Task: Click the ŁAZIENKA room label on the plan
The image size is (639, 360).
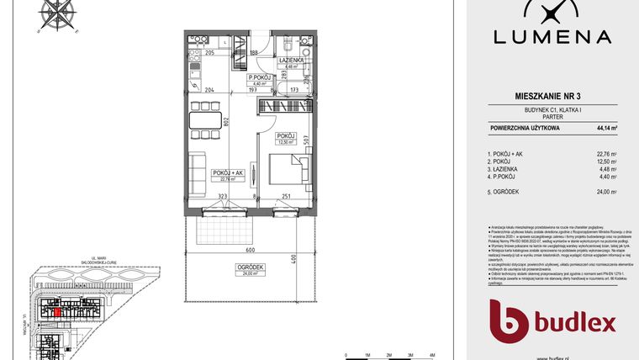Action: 290,62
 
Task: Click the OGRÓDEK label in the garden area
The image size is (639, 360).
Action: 252,268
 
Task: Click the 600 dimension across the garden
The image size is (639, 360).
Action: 250,250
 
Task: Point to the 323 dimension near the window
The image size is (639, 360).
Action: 223,196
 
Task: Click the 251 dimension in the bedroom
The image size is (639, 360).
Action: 287,196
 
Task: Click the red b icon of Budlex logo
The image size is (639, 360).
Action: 509,321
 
